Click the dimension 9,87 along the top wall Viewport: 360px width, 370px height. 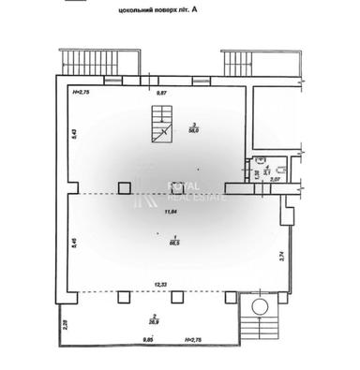point(160,94)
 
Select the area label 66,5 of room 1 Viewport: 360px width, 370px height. point(174,241)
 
